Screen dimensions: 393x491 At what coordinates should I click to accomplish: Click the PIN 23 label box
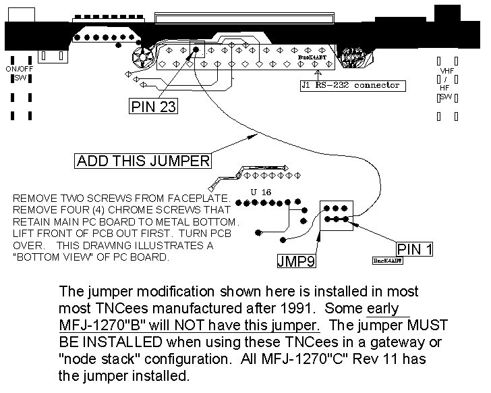tap(152, 107)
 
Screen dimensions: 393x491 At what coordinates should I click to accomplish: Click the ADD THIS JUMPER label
tap(143, 161)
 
